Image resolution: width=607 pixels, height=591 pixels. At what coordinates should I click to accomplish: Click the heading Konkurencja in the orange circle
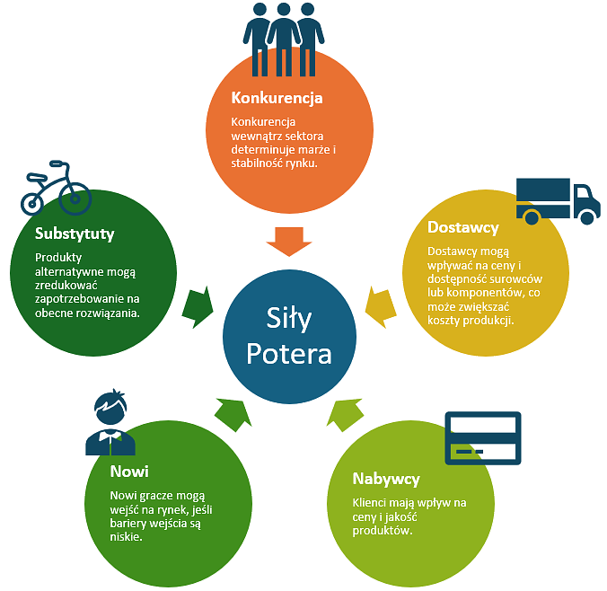pyautogui.click(x=277, y=98)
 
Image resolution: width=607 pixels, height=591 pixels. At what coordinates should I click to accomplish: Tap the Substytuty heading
pyautogui.click(x=75, y=234)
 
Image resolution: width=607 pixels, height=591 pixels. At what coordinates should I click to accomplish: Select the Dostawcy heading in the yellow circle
pyautogui.click(x=463, y=227)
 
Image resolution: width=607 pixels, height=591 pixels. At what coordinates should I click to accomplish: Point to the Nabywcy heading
pyautogui.click(x=386, y=479)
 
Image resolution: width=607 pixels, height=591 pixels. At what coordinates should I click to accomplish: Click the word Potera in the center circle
pyautogui.click(x=289, y=352)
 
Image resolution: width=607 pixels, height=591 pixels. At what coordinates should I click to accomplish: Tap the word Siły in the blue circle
pyautogui.click(x=289, y=318)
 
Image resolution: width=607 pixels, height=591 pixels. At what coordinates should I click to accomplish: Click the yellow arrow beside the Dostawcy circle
pyautogui.click(x=382, y=305)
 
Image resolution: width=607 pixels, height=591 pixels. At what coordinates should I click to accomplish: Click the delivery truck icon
pyautogui.click(x=557, y=200)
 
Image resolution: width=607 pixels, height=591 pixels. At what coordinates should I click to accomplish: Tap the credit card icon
pyautogui.click(x=483, y=437)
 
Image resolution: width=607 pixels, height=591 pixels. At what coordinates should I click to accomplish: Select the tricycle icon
pyautogui.click(x=56, y=190)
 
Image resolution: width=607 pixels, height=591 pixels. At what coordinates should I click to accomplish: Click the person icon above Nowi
pyautogui.click(x=110, y=422)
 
